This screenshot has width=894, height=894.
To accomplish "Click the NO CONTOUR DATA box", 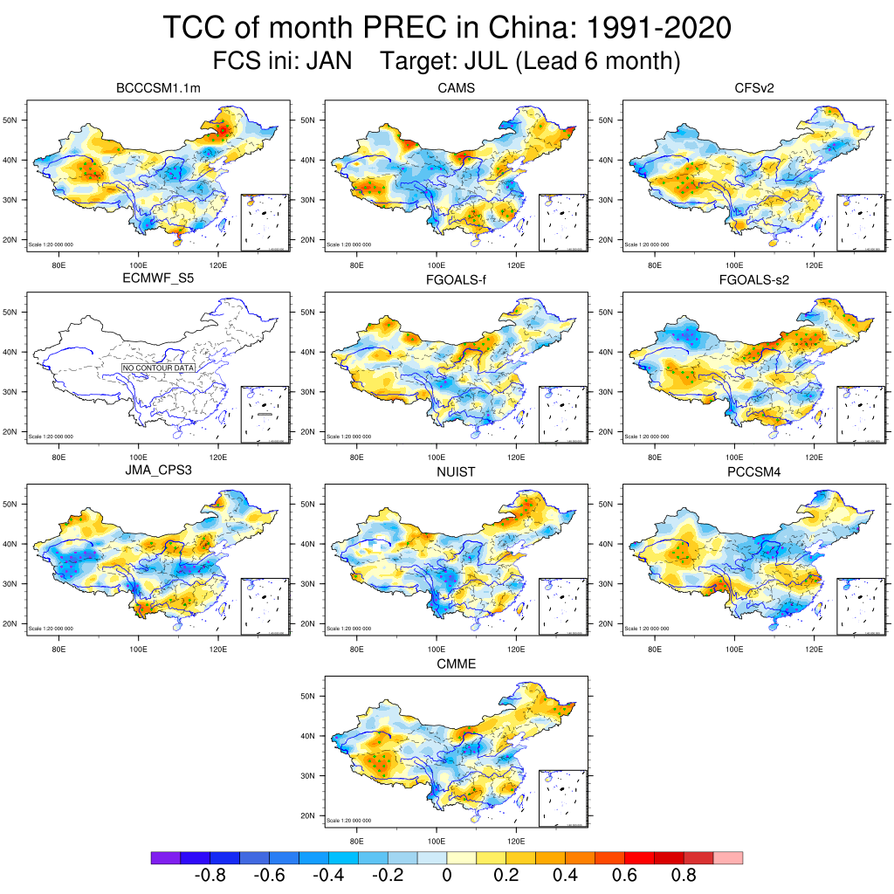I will [158, 368].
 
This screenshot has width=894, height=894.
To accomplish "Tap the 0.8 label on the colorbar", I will [684, 876].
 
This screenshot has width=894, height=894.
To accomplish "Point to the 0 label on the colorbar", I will [447, 876].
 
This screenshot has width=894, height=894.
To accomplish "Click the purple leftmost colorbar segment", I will [166, 858].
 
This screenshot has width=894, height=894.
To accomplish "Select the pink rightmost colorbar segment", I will [728, 858].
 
